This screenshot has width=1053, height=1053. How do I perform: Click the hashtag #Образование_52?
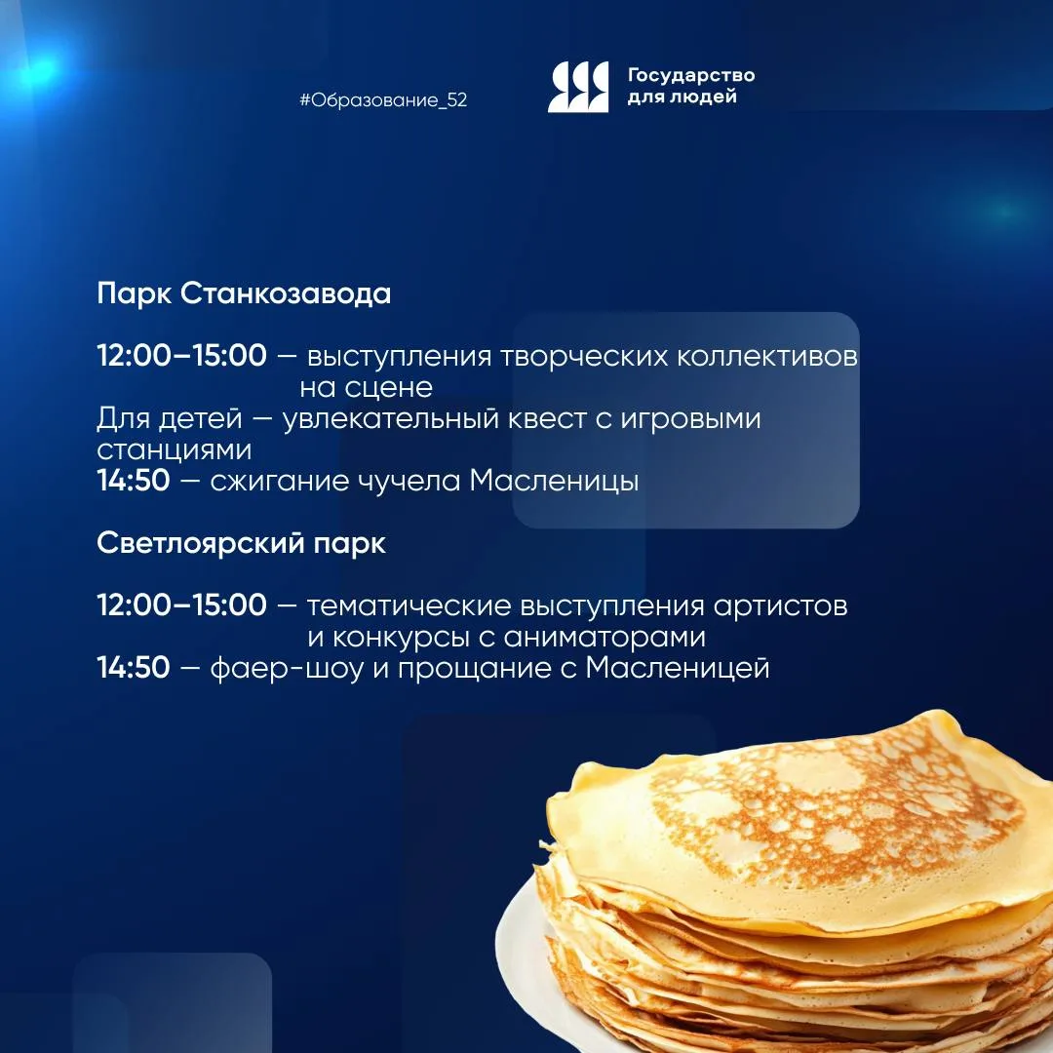(383, 100)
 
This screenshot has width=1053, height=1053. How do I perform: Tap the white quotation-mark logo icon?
(578, 87)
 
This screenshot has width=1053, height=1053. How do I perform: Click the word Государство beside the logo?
(691, 74)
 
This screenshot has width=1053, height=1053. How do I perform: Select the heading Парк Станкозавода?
(244, 293)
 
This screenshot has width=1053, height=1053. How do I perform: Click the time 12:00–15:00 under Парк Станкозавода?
(182, 355)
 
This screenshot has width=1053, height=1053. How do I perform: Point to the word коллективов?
(767, 356)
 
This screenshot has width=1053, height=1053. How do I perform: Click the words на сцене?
(366, 387)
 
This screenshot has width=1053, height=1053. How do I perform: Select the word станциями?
(174, 449)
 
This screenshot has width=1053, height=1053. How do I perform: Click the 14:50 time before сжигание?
(133, 480)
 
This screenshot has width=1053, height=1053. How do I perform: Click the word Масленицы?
(554, 482)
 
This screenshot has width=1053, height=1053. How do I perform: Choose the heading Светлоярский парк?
(241, 543)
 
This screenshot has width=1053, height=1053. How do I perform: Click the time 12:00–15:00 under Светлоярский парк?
(182, 604)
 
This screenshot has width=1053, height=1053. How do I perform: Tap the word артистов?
(780, 606)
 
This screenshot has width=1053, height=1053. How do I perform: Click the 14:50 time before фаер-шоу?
(133, 667)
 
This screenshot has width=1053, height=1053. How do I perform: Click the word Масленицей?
(677, 668)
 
